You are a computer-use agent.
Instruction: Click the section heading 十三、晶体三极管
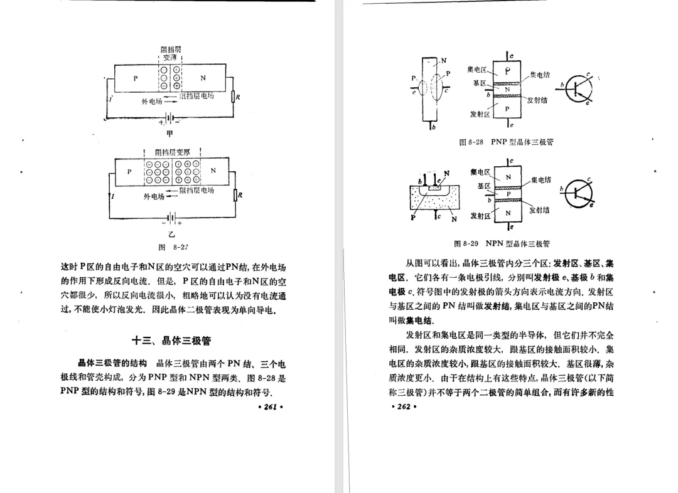point(171,341)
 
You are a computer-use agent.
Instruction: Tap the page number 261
point(271,407)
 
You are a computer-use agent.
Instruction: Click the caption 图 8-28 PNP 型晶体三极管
point(506,142)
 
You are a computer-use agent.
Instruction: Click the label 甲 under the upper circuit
point(169,134)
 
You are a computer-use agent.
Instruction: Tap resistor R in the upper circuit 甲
point(233,97)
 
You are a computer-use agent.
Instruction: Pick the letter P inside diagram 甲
point(135,78)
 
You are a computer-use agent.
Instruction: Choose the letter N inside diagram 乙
point(213,170)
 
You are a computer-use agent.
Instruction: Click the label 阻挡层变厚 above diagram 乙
point(172,152)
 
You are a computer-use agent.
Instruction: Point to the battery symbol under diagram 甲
point(168,118)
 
